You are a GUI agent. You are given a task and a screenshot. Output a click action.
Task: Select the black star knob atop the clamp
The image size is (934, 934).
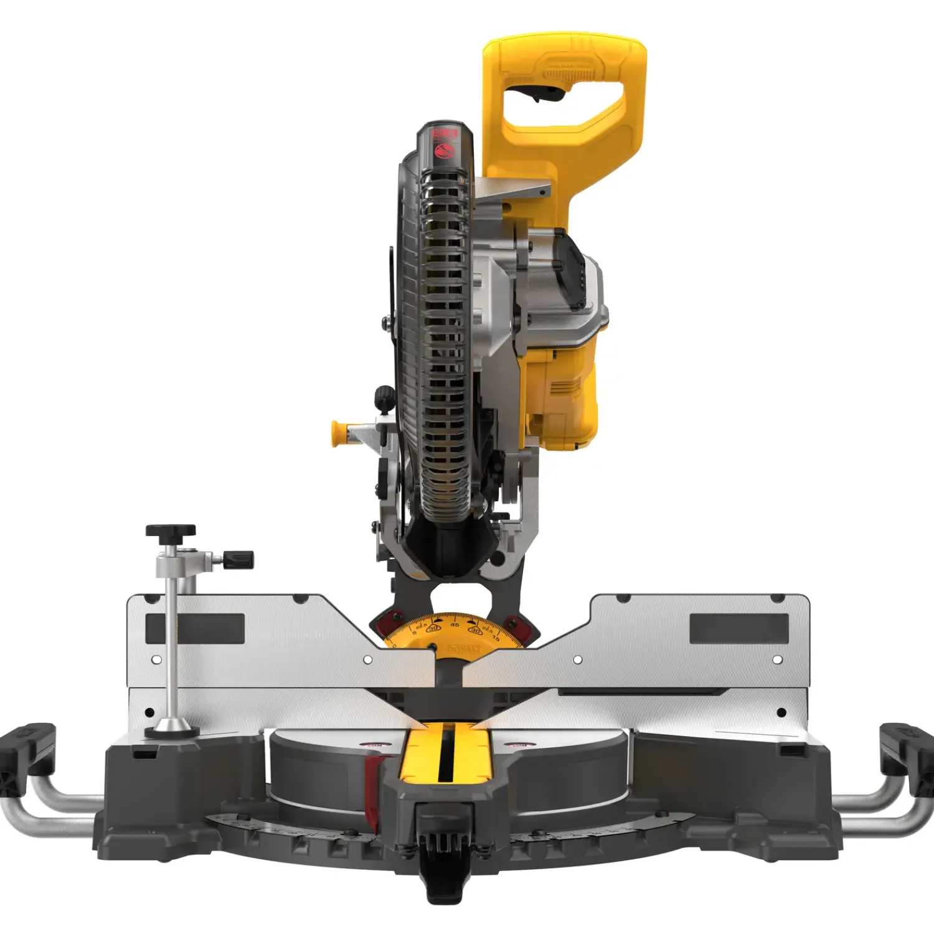coord(171,531)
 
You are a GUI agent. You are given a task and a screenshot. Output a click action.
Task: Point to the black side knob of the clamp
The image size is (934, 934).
coord(239,559)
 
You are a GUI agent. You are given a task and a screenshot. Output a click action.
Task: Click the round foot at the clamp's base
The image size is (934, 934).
coord(168,727)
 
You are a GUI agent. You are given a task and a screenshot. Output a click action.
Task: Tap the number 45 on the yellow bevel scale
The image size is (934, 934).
coord(455,624)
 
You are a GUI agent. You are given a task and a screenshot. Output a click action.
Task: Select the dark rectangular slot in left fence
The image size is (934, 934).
coord(195,628)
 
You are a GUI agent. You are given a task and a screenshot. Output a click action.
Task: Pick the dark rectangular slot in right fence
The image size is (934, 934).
coord(738,628)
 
